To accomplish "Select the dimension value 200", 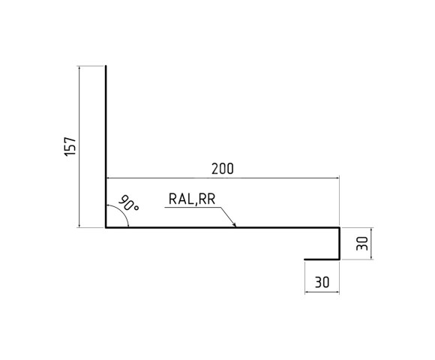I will pyautogui.click(x=222, y=169).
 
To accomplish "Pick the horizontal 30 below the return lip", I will pyautogui.click(x=322, y=282).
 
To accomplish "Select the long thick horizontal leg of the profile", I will pyautogui.click(x=225, y=227).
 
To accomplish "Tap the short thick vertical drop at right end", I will pyautogui.click(x=340, y=244).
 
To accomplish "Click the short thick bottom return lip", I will pyautogui.click(x=322, y=260).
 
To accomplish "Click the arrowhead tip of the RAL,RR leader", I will pyautogui.click(x=235, y=226).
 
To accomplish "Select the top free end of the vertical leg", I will pyautogui.click(x=106, y=67).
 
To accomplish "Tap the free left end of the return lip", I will pyautogui.click(x=305, y=260).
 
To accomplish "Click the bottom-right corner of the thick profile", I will pyautogui.click(x=340, y=260).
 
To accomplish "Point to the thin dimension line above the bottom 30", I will pyautogui.click(x=322, y=291).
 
